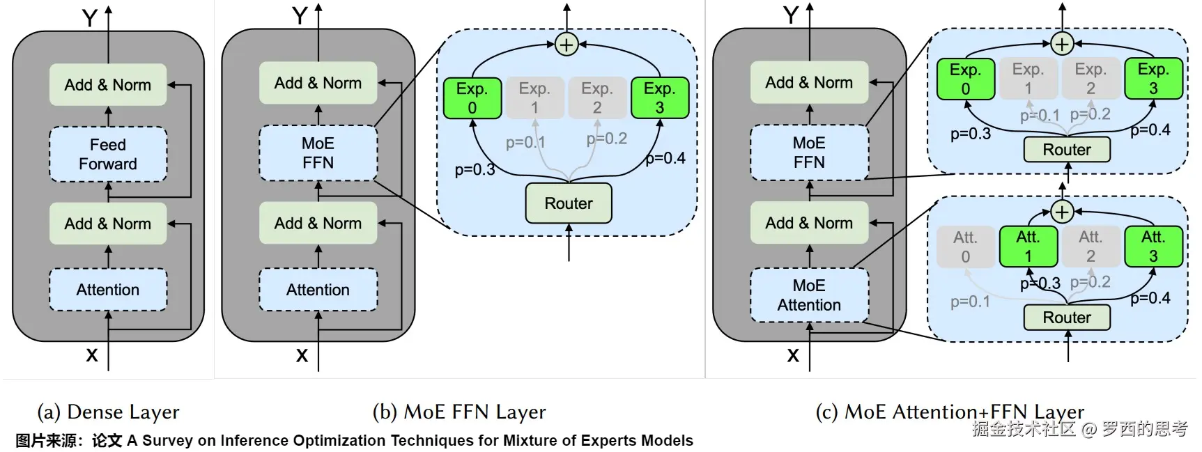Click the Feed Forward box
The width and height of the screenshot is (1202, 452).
pyautogui.click(x=108, y=155)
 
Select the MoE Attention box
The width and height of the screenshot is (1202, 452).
pyautogui.click(x=809, y=295)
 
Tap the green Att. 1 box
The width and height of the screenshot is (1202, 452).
pyautogui.click(x=1028, y=247)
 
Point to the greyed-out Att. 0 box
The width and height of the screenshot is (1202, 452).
pyautogui.click(x=965, y=247)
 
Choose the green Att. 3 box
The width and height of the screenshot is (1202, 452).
pyautogui.click(x=1153, y=247)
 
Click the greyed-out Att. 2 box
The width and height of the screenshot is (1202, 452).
pyautogui.click(x=1091, y=247)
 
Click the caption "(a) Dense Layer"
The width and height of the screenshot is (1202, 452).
pyautogui.click(x=108, y=412)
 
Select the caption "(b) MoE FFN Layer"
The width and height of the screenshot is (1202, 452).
pyautogui.click(x=459, y=412)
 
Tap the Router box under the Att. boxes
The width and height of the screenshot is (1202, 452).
pyautogui.click(x=1066, y=318)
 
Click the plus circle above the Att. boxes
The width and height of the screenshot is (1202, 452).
pyautogui.click(x=1061, y=212)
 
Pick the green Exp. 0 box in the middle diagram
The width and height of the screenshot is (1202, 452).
pyautogui.click(x=472, y=98)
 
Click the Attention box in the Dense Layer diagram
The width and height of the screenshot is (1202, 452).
pyautogui.click(x=108, y=290)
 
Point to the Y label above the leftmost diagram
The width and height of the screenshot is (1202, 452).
pyautogui.click(x=90, y=17)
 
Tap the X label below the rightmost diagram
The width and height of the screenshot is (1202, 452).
pyautogui.click(x=792, y=356)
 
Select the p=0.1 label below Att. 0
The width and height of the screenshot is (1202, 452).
pyautogui.click(x=970, y=302)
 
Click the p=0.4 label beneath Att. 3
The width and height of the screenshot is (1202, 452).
pyautogui.click(x=1150, y=298)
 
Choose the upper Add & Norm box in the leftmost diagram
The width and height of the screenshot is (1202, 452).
pyautogui.click(x=108, y=85)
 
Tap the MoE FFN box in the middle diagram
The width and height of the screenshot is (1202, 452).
pyautogui.click(x=318, y=153)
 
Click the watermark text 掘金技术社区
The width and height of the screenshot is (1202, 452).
pyautogui.click(x=1024, y=429)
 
